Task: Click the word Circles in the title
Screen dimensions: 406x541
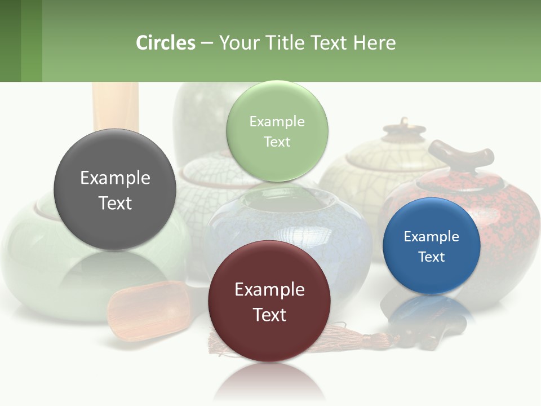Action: pos(165,43)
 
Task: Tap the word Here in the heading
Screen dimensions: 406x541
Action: pos(374,43)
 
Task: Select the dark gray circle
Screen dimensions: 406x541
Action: pos(115,189)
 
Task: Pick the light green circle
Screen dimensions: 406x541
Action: pos(277,131)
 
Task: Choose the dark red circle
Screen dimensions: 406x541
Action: pos(269,301)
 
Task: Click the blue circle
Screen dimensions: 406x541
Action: pos(431,246)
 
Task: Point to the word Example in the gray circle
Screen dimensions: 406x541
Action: pos(115,178)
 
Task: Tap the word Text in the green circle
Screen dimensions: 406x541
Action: pos(277,142)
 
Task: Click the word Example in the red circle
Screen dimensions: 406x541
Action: pos(269,289)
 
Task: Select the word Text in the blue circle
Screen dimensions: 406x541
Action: pos(431,257)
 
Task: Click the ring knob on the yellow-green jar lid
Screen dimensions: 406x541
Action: pos(403,122)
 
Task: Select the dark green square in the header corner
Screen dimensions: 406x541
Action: pos(10,41)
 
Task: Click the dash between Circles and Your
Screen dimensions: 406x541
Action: pos(207,43)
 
